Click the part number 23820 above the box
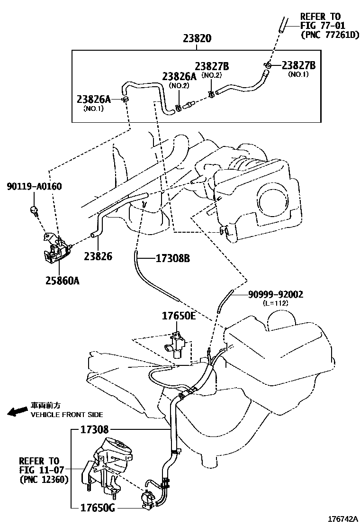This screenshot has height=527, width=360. tap(197, 38)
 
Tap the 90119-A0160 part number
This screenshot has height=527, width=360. tap(34, 186)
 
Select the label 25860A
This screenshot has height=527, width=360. tap(63, 281)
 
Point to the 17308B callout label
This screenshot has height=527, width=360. tap(172, 258)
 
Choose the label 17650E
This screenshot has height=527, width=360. tap(179, 316)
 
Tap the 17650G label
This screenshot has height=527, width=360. tap(98, 508)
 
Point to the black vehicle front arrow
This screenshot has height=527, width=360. tap(18, 411)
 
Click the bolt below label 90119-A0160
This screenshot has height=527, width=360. tap(34, 210)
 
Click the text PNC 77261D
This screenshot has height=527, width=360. tap(330, 35)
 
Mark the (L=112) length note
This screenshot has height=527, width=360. tap(275, 303)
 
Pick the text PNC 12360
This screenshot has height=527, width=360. tap(44, 479)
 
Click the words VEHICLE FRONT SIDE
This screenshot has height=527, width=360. tap(67, 415)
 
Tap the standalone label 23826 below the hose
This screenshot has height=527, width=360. tap(98, 256)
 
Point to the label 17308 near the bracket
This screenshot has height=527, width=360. tap(95, 429)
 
